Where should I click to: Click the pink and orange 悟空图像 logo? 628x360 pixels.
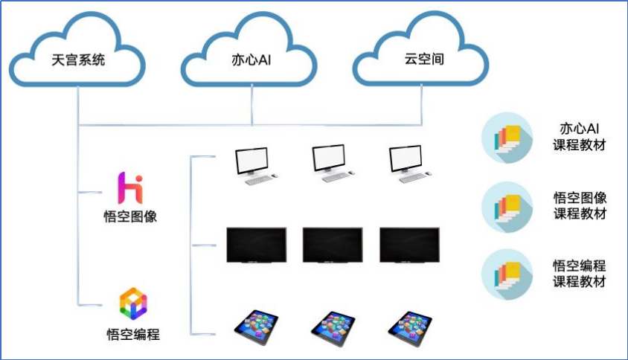tap(131, 188)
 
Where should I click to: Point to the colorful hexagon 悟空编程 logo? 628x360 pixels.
tap(133, 303)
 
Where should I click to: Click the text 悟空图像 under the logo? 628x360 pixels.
tap(132, 217)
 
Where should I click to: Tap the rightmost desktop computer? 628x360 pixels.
tap(408, 164)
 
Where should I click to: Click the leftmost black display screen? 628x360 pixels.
tap(256, 245)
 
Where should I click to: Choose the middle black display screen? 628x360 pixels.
tap(333, 245)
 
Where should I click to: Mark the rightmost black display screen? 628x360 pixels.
tap(409, 245)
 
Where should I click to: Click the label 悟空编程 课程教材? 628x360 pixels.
tap(580, 273)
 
